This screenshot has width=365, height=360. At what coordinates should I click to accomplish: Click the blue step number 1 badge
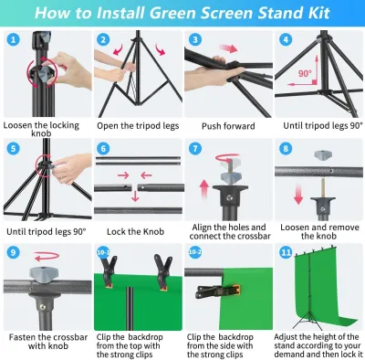point(13,39)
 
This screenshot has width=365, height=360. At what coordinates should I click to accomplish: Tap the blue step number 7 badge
point(195,149)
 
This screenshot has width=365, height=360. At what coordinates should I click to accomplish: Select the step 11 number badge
point(286,252)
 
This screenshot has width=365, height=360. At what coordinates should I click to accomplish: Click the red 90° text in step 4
point(305,73)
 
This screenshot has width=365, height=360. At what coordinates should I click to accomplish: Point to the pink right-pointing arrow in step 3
point(228,48)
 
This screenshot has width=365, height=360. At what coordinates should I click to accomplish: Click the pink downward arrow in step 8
point(298,194)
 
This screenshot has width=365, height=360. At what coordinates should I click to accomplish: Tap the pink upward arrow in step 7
point(204,190)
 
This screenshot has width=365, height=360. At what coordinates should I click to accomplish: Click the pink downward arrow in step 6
point(135,196)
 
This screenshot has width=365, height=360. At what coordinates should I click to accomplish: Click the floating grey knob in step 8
point(323,155)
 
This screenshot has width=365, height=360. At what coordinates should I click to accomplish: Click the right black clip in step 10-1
point(162,270)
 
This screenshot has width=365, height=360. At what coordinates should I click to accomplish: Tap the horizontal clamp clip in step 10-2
point(218,291)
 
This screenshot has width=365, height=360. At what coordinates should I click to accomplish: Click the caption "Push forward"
point(228,126)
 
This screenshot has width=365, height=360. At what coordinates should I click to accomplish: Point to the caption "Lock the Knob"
point(135,232)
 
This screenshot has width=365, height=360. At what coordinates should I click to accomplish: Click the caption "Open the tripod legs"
point(138,126)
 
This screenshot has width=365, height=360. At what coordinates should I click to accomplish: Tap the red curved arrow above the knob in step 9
point(47,257)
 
